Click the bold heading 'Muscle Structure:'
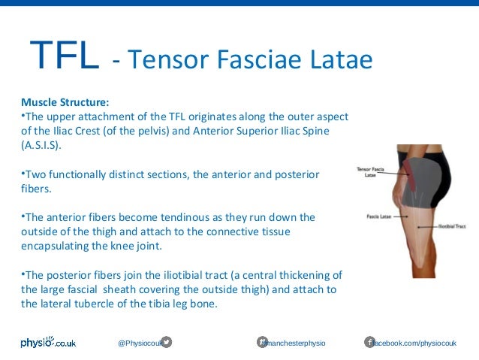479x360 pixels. pyautogui.click(x=65, y=101)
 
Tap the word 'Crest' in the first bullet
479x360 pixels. pyautogui.click(x=109, y=130)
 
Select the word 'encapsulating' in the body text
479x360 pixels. pyautogui.click(x=52, y=246)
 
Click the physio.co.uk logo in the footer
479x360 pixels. pyautogui.click(x=48, y=343)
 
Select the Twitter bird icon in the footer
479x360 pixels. pyautogui.click(x=167, y=343)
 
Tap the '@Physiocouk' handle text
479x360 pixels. pyautogui.click(x=139, y=343)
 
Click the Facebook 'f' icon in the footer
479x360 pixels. pyautogui.click(x=369, y=343)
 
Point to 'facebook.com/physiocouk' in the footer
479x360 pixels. pyautogui.click(x=415, y=343)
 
